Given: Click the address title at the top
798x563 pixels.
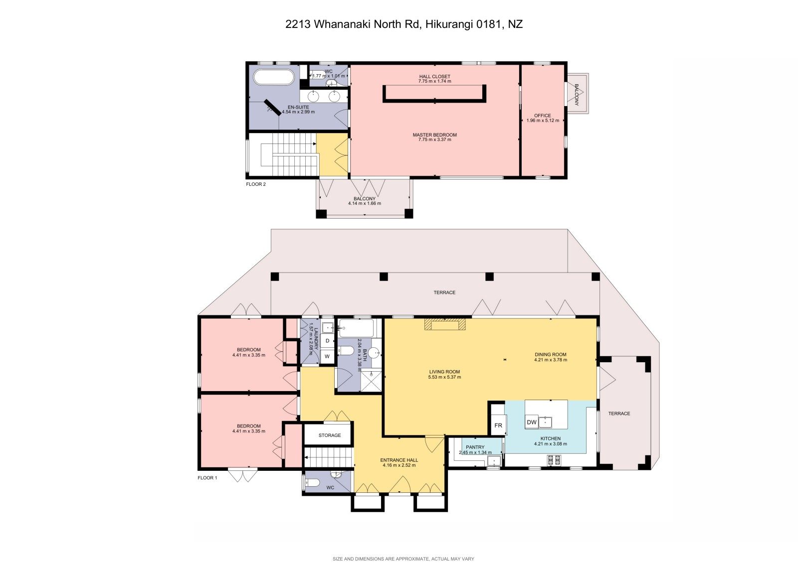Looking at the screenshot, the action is coord(404,24).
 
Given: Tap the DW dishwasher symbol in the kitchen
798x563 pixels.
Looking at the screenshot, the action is coord(532,422).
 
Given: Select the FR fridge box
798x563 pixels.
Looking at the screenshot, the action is coord(498,425).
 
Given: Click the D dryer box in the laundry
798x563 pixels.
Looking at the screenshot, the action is coord(327,341).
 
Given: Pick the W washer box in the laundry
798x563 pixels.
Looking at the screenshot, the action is coord(327,356).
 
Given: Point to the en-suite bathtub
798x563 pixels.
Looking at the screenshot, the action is coord(274,77).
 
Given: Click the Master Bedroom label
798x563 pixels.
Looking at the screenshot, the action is coord(434,135).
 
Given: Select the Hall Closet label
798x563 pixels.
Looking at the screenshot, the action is coord(434,77).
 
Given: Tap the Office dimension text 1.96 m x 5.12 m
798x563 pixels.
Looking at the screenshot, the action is coord(543,120).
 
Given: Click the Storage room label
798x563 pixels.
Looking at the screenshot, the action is coord(330,435).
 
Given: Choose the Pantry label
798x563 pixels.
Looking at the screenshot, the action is coord(475,447).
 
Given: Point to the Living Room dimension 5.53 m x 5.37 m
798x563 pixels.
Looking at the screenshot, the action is coord(444,377).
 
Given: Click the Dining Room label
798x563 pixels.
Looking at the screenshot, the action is coord(551,354).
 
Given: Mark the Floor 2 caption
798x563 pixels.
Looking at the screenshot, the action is coord(256,184).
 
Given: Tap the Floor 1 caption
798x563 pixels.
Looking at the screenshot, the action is coord(207,478).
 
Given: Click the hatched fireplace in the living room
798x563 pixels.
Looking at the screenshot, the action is coord(445,324).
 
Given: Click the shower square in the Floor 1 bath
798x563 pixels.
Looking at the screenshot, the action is coord(371,381).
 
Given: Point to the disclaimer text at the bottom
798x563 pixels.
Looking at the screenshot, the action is coord(403,559).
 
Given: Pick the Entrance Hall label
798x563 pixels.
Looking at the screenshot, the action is coord(399,460).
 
